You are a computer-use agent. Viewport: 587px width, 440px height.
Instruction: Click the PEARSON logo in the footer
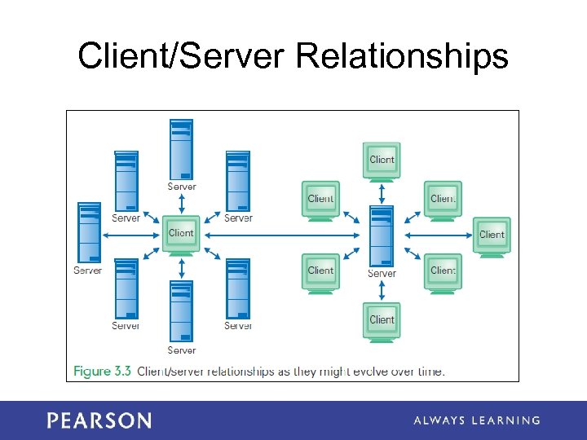coord(99,420)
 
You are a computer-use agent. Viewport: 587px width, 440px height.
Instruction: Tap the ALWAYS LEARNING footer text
coord(476,420)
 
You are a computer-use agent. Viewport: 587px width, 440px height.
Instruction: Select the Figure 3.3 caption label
coord(103,372)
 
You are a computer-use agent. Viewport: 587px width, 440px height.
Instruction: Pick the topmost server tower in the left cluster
coord(181,150)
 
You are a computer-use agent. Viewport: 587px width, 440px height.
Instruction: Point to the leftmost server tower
coord(88,231)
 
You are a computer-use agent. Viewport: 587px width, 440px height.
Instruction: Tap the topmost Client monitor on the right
coord(382,161)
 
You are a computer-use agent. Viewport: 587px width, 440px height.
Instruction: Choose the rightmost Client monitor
coord(492,235)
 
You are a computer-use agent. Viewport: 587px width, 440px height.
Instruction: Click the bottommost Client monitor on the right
coord(382,320)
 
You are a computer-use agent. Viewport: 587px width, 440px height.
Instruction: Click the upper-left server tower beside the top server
coord(126,180)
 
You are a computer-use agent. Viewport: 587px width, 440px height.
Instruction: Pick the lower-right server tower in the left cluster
coord(237,288)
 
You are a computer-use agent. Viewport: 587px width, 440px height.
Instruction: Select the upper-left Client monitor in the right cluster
coord(320,200)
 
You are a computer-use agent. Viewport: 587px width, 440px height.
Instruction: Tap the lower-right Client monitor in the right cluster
coord(443,271)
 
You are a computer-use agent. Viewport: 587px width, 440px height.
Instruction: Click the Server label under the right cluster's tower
coord(382,274)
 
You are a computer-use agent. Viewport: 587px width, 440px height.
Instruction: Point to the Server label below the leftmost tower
coord(87,271)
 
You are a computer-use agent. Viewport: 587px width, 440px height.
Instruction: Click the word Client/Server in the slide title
coord(183,57)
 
